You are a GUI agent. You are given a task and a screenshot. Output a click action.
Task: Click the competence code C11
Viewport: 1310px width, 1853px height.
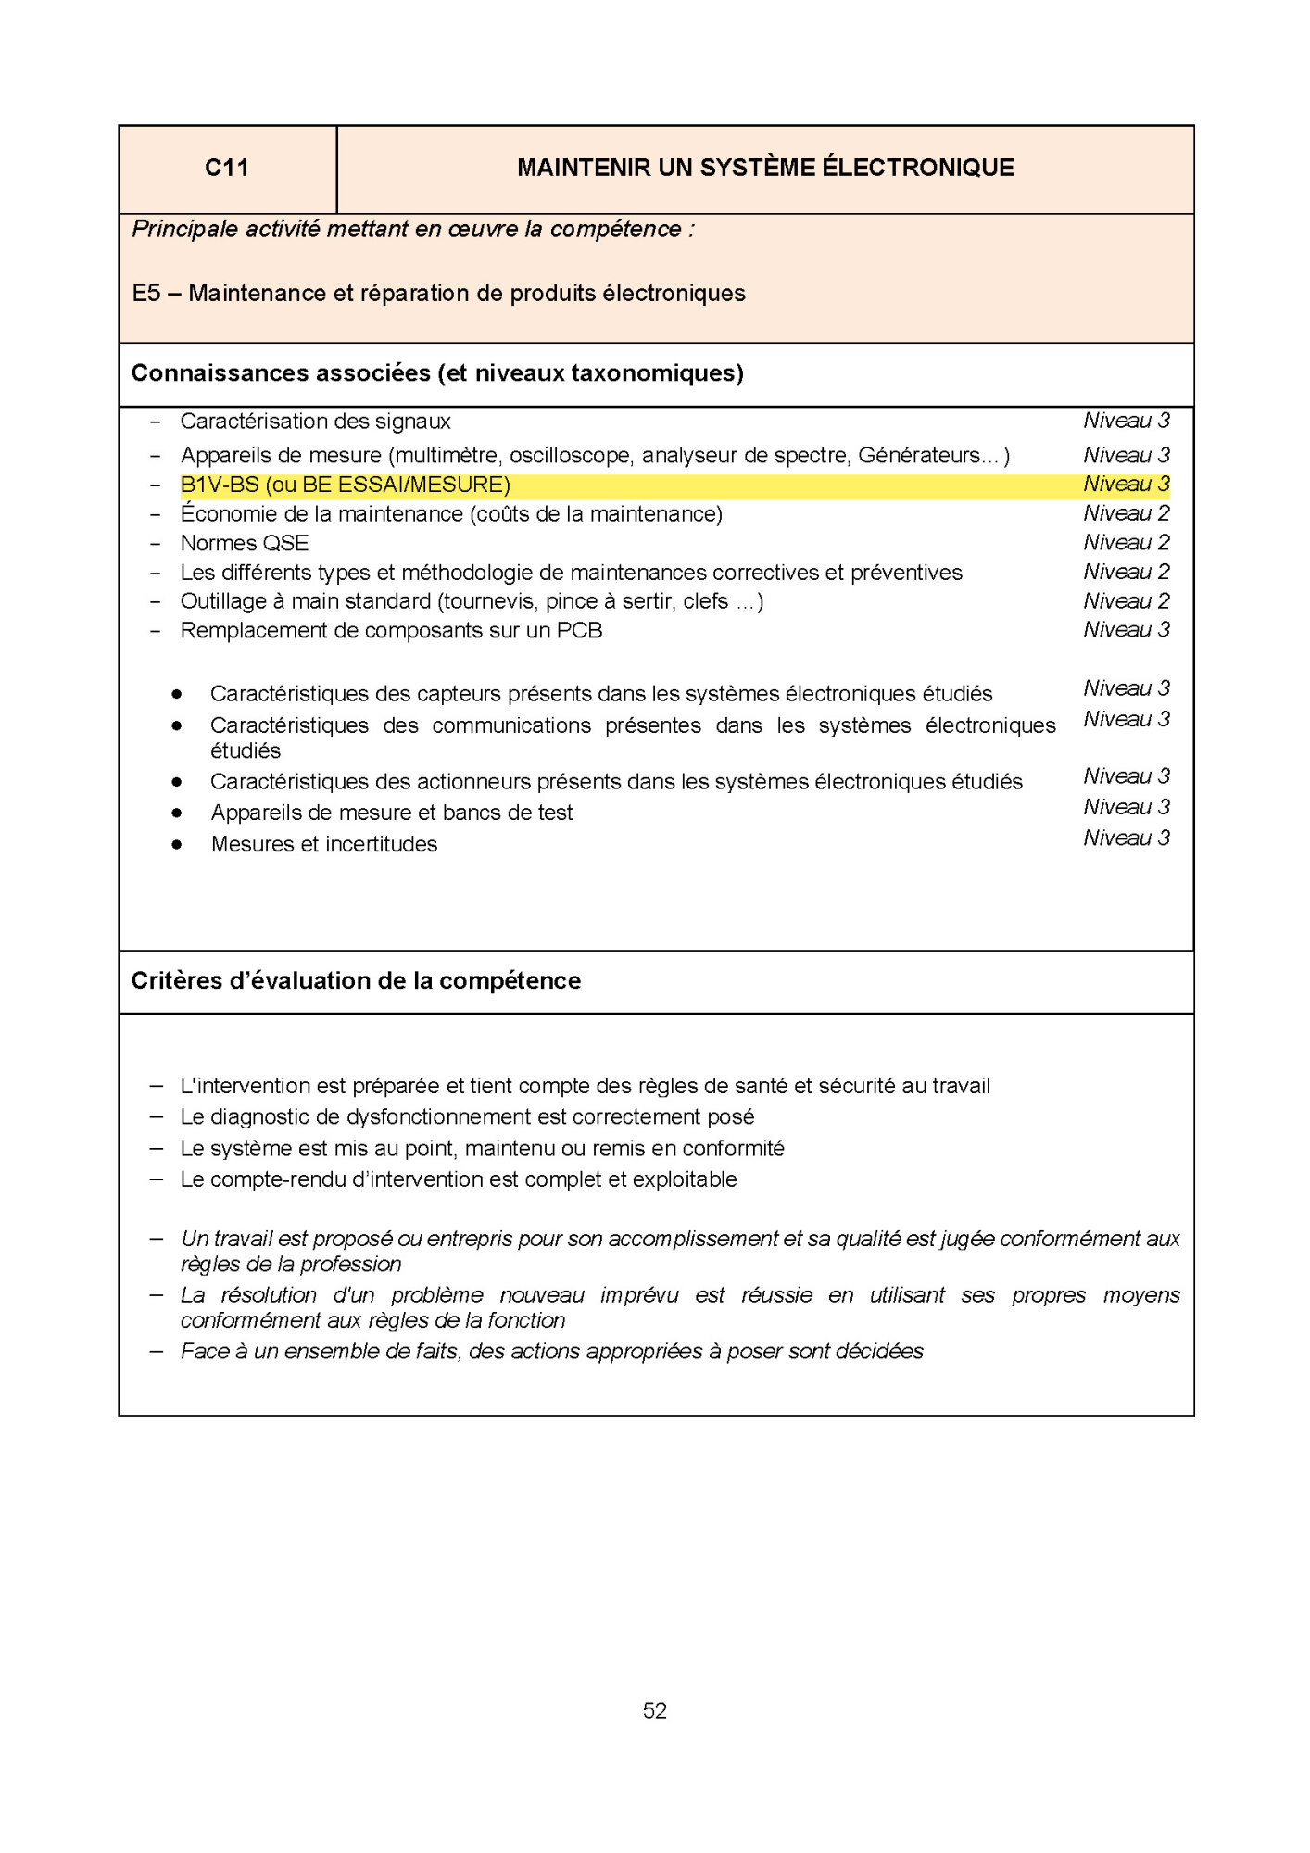click(226, 168)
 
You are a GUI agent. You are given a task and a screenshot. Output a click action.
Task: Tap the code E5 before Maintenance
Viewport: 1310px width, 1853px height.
click(146, 294)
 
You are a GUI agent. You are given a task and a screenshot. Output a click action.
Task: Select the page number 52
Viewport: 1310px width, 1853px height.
click(654, 1710)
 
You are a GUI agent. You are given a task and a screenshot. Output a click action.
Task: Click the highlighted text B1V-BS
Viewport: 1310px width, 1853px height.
click(220, 485)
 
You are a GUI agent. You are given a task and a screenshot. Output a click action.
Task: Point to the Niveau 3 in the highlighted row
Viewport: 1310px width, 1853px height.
click(1126, 485)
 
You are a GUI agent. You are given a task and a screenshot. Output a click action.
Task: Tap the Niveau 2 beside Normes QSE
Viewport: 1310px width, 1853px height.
click(1126, 543)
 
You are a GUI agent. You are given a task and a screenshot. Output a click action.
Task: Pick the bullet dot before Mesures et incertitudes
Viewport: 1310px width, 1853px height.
click(176, 844)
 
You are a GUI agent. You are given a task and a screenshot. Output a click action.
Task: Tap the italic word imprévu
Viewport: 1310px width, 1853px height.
click(639, 1295)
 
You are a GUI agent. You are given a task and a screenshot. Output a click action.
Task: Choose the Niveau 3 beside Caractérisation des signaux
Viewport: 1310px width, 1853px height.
click(1126, 421)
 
